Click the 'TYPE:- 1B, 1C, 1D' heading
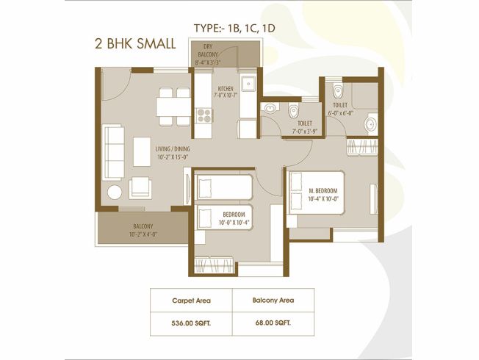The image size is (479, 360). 234,29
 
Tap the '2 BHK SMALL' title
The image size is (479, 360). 135,43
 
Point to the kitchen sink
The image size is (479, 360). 248,83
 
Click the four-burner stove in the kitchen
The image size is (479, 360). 204,115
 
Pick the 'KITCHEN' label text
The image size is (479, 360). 226,89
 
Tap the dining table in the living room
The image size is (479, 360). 173,107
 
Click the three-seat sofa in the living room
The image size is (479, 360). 115,153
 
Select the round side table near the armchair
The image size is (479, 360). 115,192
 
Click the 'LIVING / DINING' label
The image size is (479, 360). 173,149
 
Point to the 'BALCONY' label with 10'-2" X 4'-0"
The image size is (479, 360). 143,226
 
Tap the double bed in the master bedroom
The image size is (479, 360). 317,192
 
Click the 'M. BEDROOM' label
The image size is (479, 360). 323,191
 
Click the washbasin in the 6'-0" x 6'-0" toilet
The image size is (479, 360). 371,125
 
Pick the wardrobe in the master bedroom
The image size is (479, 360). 363,147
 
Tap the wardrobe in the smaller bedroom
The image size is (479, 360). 214,265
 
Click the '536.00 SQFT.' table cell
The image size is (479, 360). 191,323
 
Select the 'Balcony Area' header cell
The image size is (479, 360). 273,300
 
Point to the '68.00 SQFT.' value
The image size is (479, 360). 273,323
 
